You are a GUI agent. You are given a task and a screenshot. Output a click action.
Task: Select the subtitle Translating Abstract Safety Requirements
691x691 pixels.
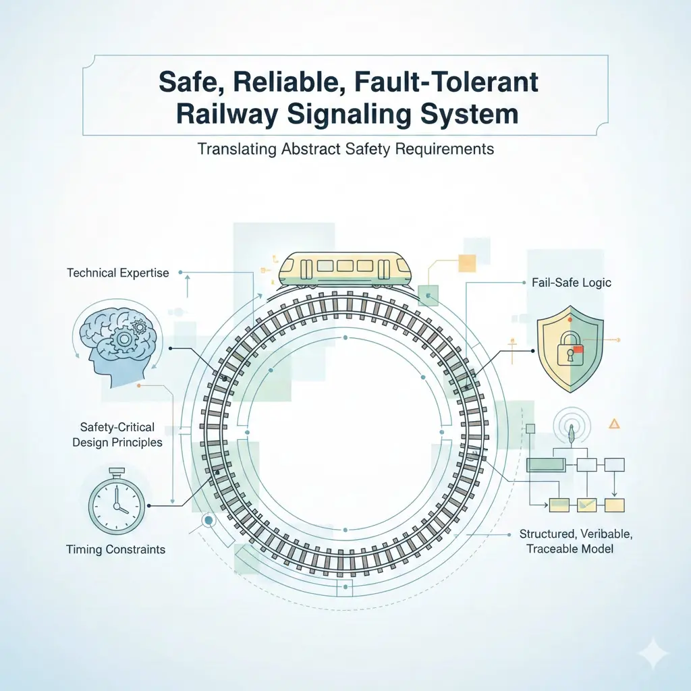345,149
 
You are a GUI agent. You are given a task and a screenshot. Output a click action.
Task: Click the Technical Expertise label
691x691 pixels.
117,273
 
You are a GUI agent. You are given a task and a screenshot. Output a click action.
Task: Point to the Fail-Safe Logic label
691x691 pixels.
571,283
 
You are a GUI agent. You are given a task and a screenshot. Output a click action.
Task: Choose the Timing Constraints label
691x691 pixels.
115,549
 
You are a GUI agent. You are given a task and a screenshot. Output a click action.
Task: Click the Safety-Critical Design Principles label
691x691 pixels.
117,435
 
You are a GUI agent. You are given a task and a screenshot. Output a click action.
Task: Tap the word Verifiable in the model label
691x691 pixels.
607,534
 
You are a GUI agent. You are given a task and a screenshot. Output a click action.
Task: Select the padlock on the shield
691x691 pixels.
567,349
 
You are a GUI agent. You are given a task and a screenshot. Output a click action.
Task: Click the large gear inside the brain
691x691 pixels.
124,339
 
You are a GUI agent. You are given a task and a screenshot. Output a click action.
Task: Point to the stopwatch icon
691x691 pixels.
117,501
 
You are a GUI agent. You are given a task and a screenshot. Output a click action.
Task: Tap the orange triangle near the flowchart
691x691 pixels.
614,424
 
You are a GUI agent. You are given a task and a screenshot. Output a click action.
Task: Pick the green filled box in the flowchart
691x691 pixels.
546,464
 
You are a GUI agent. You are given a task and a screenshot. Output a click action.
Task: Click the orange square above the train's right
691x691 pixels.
467,263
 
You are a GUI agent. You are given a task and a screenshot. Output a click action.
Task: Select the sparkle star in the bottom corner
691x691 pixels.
655,655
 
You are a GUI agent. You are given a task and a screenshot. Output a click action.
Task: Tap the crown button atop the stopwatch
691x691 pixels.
117,472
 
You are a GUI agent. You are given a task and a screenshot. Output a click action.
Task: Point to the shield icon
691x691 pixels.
570,349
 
